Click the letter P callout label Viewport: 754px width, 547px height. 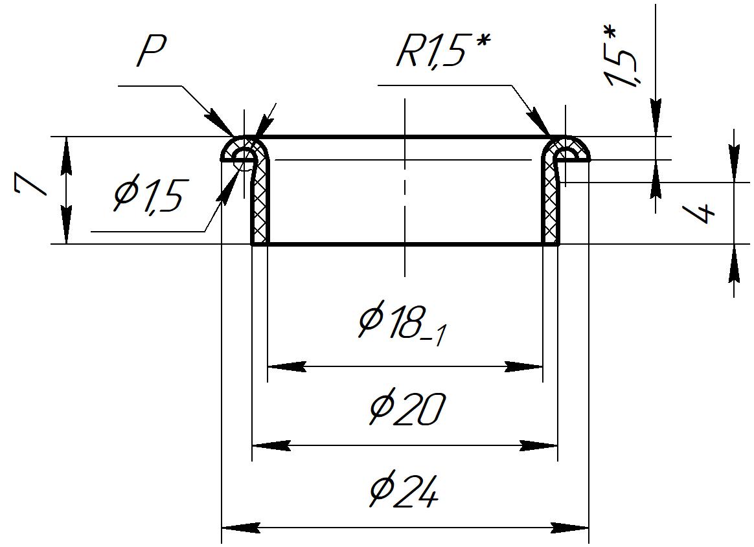click(152, 52)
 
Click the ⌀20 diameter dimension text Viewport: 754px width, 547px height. click(407, 409)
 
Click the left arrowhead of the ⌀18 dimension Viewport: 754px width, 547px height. click(286, 367)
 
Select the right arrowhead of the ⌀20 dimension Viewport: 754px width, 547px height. click(540, 446)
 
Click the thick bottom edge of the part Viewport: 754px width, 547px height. click(405, 244)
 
